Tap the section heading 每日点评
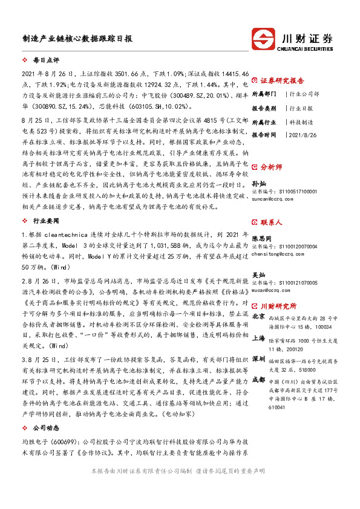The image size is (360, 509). pyautogui.click(x=46, y=61)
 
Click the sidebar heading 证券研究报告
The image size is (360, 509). pyautogui.click(x=283, y=80)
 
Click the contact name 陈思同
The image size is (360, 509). pyautogui.click(x=262, y=238)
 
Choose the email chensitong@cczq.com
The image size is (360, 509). pyautogui.click(x=278, y=254)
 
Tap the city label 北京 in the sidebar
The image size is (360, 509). pyautogui.click(x=258, y=316)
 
